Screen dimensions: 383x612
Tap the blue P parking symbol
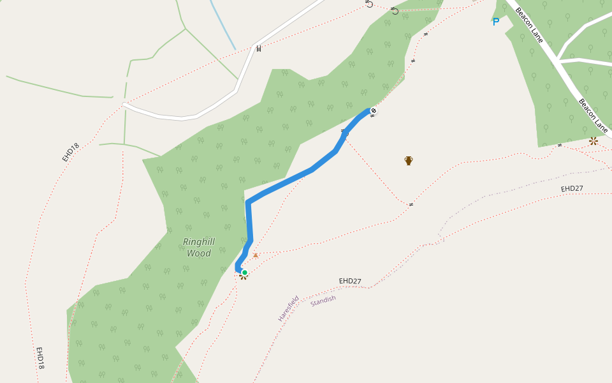point(495,22)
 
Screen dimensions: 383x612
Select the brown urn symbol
point(409,160)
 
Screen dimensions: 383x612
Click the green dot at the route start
point(244,273)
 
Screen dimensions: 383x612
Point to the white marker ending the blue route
point(374,111)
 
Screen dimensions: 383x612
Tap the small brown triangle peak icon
point(256,255)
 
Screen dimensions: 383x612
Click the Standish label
point(323,300)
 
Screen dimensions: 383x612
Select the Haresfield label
point(288,308)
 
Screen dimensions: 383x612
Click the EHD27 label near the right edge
point(572,188)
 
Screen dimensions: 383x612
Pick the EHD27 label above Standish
point(350,281)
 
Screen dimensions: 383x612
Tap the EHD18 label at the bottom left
point(40,358)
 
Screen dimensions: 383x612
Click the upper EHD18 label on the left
point(71,152)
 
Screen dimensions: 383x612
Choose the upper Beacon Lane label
point(529,25)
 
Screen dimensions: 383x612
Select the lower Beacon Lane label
point(593,116)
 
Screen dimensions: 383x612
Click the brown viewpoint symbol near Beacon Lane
point(594,140)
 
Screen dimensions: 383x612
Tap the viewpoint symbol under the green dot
point(243,277)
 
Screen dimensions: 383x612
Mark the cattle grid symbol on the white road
point(259,48)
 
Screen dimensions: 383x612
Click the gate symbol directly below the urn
point(411,204)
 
